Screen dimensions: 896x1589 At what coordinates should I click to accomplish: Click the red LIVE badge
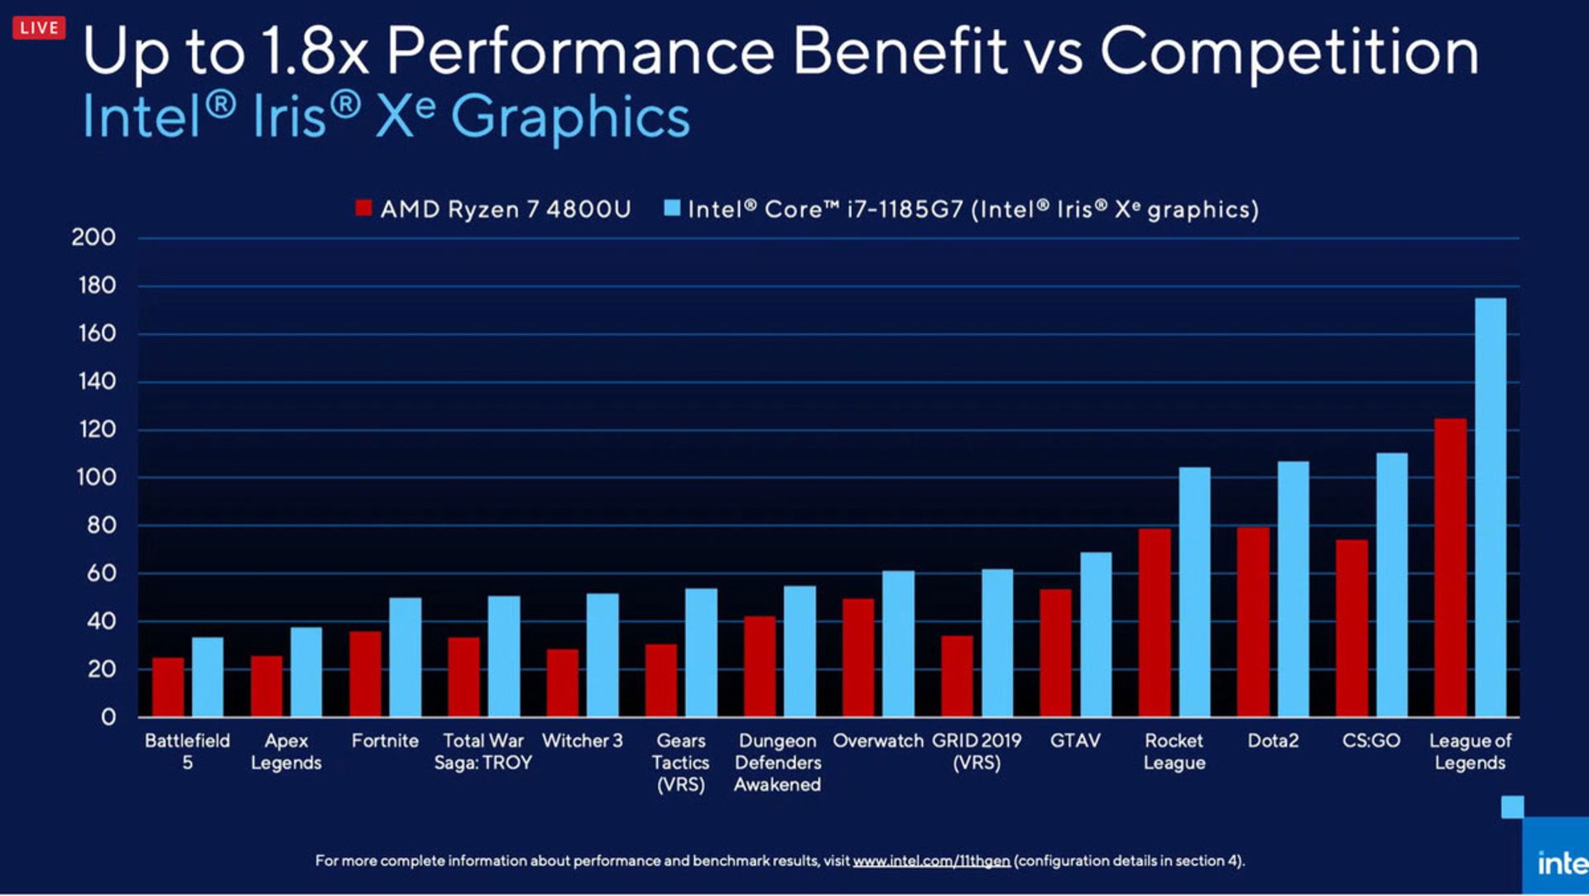[x=39, y=27]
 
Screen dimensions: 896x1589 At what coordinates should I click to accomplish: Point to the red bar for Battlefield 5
[x=168, y=687]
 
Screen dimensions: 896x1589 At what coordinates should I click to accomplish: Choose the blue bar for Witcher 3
[x=602, y=654]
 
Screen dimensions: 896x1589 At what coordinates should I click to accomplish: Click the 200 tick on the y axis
[x=94, y=237]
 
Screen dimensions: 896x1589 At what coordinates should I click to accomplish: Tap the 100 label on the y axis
[x=96, y=477]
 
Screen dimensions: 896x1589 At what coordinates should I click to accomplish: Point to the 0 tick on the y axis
[x=108, y=716]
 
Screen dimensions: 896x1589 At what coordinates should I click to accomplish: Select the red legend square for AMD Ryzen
[x=363, y=208]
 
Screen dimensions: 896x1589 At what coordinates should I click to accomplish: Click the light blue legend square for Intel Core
[x=672, y=208]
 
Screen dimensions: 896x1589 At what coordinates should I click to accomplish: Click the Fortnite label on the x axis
[x=385, y=740]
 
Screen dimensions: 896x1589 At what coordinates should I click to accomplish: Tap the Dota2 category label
[x=1273, y=740]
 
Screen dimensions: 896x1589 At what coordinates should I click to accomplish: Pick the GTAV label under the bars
[x=1075, y=740]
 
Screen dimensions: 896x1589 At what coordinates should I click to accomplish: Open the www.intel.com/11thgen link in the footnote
[x=931, y=861]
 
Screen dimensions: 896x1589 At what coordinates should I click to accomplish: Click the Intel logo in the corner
[x=1560, y=863]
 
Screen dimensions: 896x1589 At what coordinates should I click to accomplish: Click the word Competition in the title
[x=1289, y=51]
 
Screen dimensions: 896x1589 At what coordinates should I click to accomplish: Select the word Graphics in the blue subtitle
[x=570, y=117]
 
